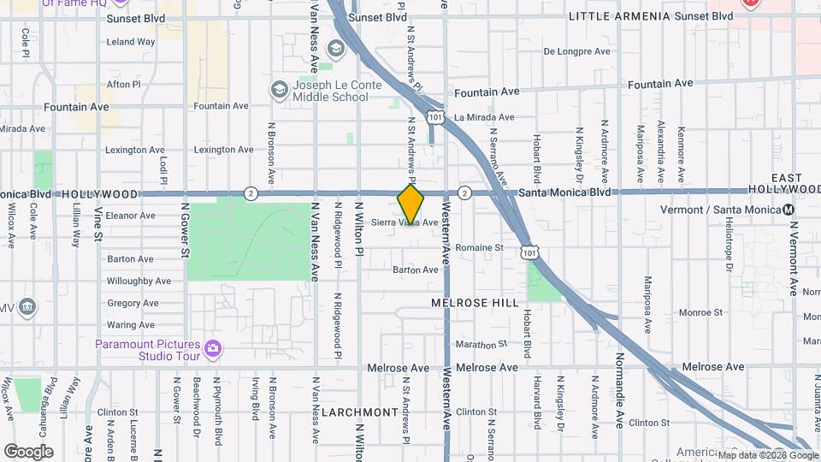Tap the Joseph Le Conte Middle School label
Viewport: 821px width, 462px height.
[x=330, y=91]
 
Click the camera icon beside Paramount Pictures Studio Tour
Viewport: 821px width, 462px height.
[x=213, y=349]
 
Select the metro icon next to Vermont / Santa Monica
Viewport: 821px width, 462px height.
[x=788, y=210]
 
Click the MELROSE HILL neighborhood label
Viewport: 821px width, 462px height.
[x=475, y=303]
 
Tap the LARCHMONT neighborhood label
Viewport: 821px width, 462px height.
[x=360, y=412]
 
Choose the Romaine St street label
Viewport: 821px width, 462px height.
[x=479, y=247]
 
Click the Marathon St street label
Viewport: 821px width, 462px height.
[x=475, y=345]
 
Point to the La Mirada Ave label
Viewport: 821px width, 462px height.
[x=484, y=117]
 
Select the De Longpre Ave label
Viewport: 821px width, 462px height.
[x=577, y=51]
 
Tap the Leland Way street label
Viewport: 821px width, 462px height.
[x=131, y=41]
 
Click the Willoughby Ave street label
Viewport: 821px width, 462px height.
[x=139, y=281]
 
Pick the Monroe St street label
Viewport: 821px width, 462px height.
[x=700, y=313]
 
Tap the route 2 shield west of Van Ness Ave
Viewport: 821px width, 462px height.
[x=251, y=192]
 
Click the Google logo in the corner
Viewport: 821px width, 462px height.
[x=28, y=451]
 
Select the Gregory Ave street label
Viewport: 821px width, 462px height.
[x=133, y=303]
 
